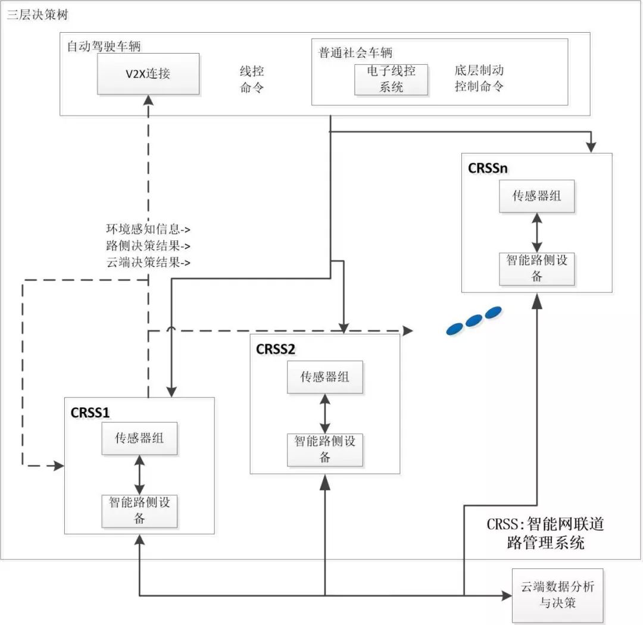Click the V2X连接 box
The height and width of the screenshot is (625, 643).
tap(148, 73)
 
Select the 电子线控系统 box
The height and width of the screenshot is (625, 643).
tap(391, 79)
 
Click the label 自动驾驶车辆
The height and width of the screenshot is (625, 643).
tap(104, 46)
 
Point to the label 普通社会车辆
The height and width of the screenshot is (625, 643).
tap(355, 53)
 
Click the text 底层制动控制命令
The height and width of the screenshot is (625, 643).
tap(479, 78)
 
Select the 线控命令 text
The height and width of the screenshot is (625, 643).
tap(251, 79)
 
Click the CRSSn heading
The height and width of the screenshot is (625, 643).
tap(488, 168)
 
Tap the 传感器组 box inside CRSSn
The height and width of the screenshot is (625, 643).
tap(536, 196)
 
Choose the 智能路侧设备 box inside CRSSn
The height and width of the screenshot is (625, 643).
tap(536, 268)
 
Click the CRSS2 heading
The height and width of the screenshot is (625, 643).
tap(275, 349)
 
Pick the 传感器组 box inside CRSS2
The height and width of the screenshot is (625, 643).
tap(324, 377)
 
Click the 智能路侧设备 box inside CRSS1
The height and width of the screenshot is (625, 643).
tap(139, 510)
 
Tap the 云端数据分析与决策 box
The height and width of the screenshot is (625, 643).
tap(558, 595)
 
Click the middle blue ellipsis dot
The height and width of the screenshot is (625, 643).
tap(474, 320)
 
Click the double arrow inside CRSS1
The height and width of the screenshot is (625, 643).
tap(139, 474)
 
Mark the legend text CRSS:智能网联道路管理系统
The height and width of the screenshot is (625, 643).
tap(545, 533)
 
